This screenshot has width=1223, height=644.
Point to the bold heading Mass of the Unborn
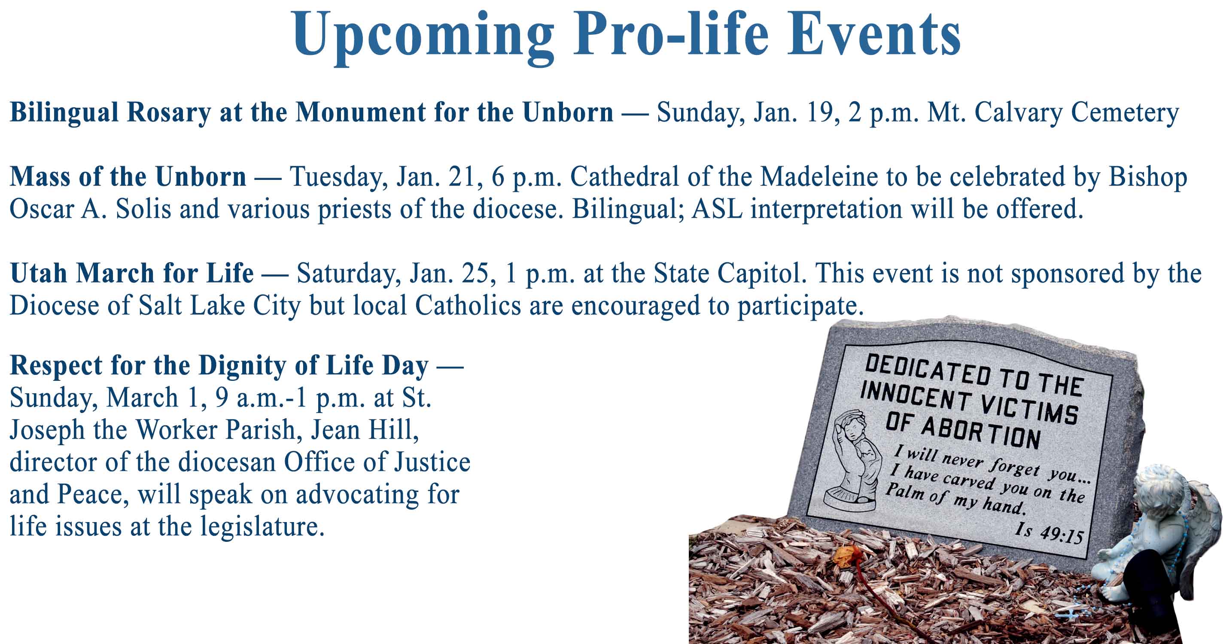128,177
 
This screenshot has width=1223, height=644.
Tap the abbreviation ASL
717,209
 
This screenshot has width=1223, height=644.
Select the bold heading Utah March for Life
132,274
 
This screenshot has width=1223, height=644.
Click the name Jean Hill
365,430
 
